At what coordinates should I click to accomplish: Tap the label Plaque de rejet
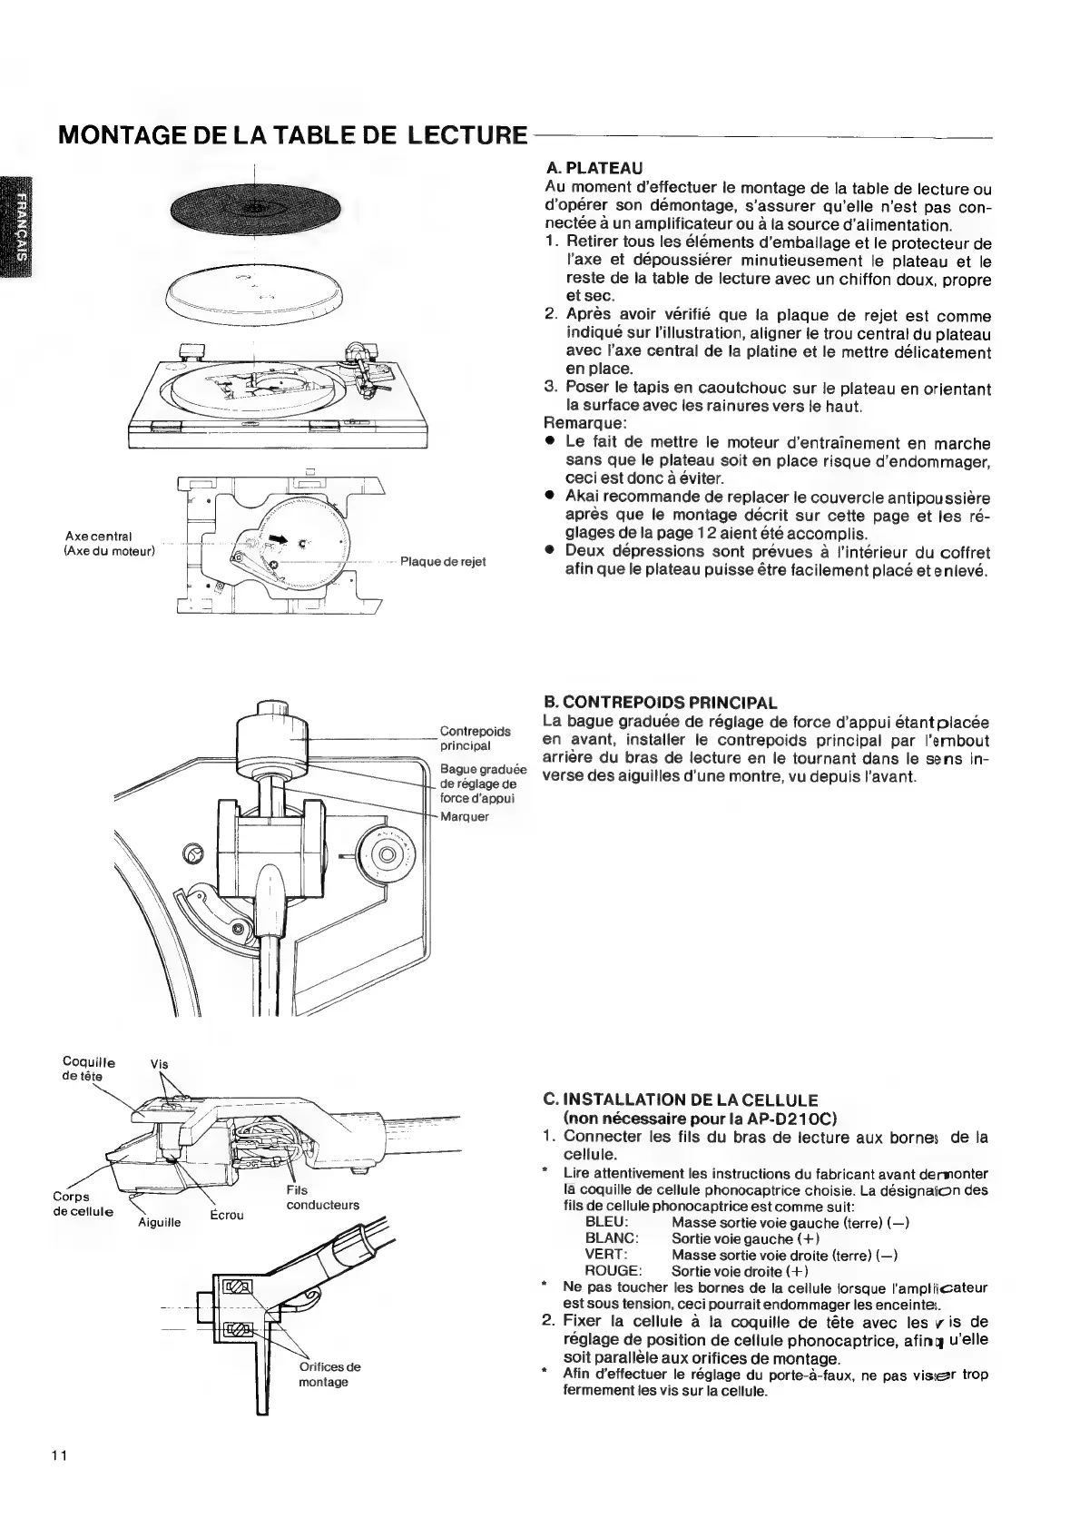point(443,561)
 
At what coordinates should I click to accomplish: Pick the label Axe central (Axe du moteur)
point(110,543)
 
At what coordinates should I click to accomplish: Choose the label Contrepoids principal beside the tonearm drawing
point(474,738)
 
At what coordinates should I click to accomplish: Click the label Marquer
point(464,816)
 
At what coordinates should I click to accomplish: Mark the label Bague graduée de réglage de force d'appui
point(477,784)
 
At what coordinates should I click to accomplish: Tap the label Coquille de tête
point(89,1069)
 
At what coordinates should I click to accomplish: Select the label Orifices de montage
point(329,1374)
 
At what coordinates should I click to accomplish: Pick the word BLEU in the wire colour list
point(607,1222)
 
